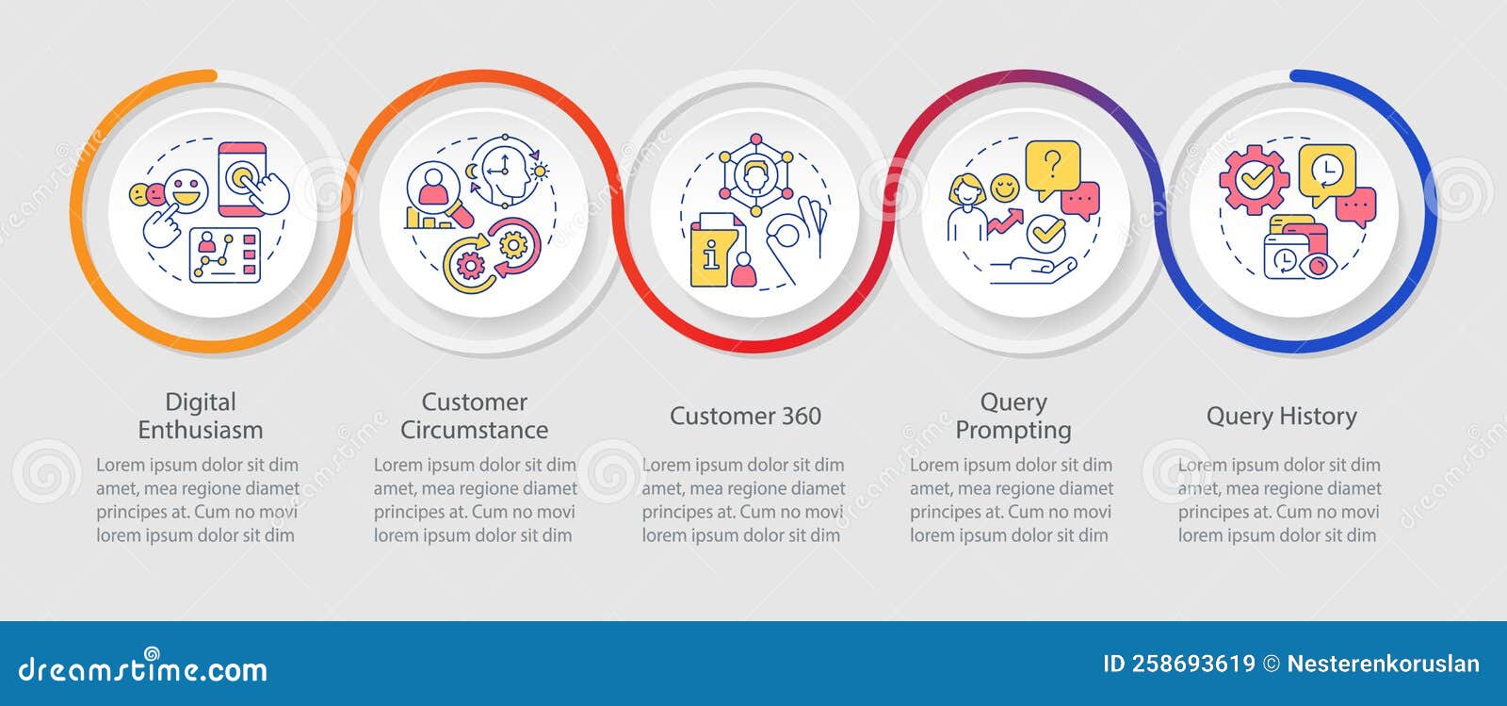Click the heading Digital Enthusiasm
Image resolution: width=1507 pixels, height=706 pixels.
click(200, 416)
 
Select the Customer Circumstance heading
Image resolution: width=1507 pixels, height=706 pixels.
click(474, 416)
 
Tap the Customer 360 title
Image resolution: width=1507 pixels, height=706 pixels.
click(745, 416)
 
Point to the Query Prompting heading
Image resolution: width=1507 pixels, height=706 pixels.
click(1013, 416)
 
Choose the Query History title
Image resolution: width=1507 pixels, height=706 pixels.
click(1281, 416)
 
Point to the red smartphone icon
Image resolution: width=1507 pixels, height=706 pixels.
click(242, 178)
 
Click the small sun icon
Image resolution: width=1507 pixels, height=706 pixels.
click(541, 171)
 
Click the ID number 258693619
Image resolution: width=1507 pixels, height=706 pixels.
click(1179, 665)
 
